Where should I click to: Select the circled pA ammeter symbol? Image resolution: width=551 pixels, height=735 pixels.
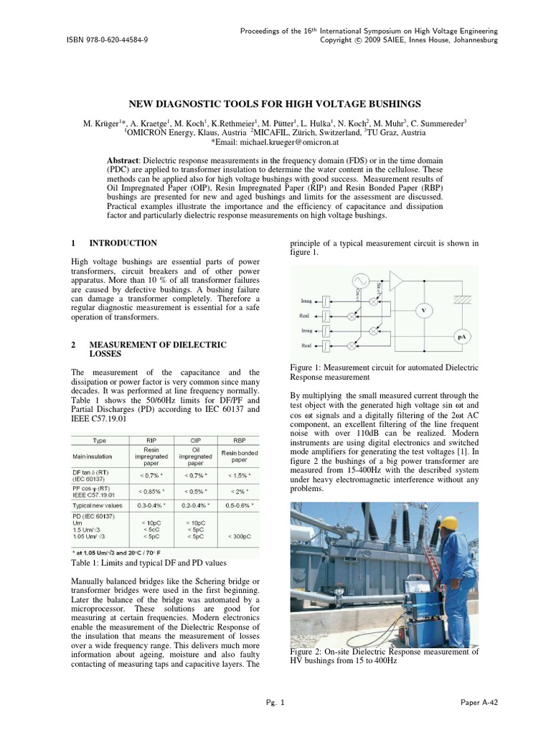click(462, 335)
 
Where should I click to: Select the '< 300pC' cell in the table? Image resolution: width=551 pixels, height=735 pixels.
click(233, 535)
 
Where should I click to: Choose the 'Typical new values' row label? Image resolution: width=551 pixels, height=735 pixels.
click(100, 505)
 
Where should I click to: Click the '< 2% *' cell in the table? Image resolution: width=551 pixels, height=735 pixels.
click(233, 491)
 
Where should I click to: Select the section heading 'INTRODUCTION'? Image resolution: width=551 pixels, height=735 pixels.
click(123, 243)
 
